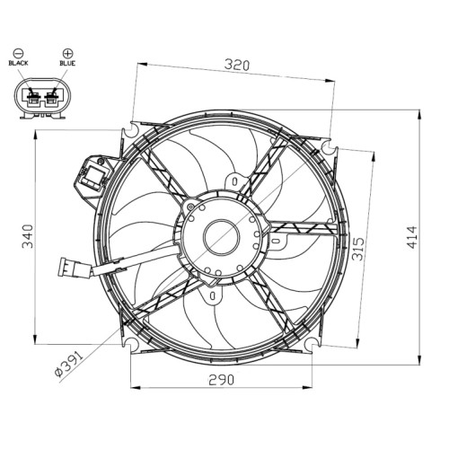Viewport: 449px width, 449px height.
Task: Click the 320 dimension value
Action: [x=237, y=65]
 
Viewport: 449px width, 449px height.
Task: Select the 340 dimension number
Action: [x=28, y=236]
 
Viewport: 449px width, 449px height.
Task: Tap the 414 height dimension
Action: [x=412, y=237]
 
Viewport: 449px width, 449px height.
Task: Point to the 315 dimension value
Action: [x=358, y=249]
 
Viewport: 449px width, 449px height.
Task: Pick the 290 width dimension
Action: [x=222, y=380]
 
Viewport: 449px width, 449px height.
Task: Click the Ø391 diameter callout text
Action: [x=68, y=364]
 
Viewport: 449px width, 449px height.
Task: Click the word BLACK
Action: [x=18, y=63]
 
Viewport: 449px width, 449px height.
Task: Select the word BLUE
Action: [x=67, y=63]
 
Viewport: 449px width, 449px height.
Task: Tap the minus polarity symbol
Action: [x=18, y=53]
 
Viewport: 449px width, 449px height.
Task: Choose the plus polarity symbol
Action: [x=67, y=53]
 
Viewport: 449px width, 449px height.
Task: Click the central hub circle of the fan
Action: [x=222, y=237]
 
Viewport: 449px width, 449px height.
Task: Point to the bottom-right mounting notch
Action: [x=312, y=344]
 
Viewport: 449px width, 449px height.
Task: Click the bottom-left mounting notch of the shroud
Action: [x=130, y=344]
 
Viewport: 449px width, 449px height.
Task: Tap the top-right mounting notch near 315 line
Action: [x=330, y=146]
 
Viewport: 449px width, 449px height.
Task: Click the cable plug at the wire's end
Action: [x=75, y=268]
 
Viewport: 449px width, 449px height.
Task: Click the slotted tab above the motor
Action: [x=235, y=181]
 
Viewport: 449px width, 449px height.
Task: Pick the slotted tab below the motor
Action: [x=213, y=295]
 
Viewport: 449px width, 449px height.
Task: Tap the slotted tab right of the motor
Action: [x=277, y=241]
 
